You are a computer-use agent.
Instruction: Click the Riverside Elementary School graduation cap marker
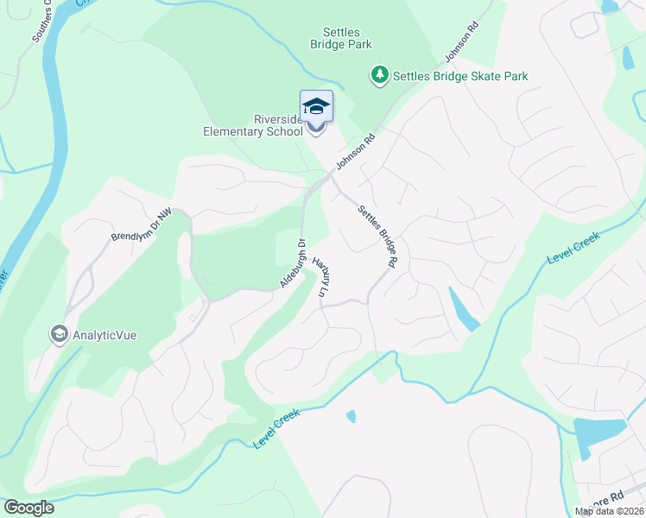(x=316, y=106)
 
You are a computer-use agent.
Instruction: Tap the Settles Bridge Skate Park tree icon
(x=379, y=77)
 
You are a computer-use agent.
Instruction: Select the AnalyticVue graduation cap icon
(x=59, y=334)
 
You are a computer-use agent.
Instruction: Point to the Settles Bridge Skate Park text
(x=460, y=77)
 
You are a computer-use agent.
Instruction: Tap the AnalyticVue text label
(x=106, y=334)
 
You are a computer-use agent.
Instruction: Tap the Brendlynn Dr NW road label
(x=142, y=224)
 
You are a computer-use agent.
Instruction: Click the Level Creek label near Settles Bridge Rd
(x=573, y=249)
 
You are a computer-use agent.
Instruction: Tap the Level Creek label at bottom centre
(x=276, y=428)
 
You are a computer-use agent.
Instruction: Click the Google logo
(x=28, y=508)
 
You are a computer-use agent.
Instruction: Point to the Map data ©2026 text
(x=610, y=511)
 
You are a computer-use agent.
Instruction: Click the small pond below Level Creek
(x=351, y=416)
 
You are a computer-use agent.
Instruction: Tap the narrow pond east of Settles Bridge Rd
(x=462, y=309)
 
